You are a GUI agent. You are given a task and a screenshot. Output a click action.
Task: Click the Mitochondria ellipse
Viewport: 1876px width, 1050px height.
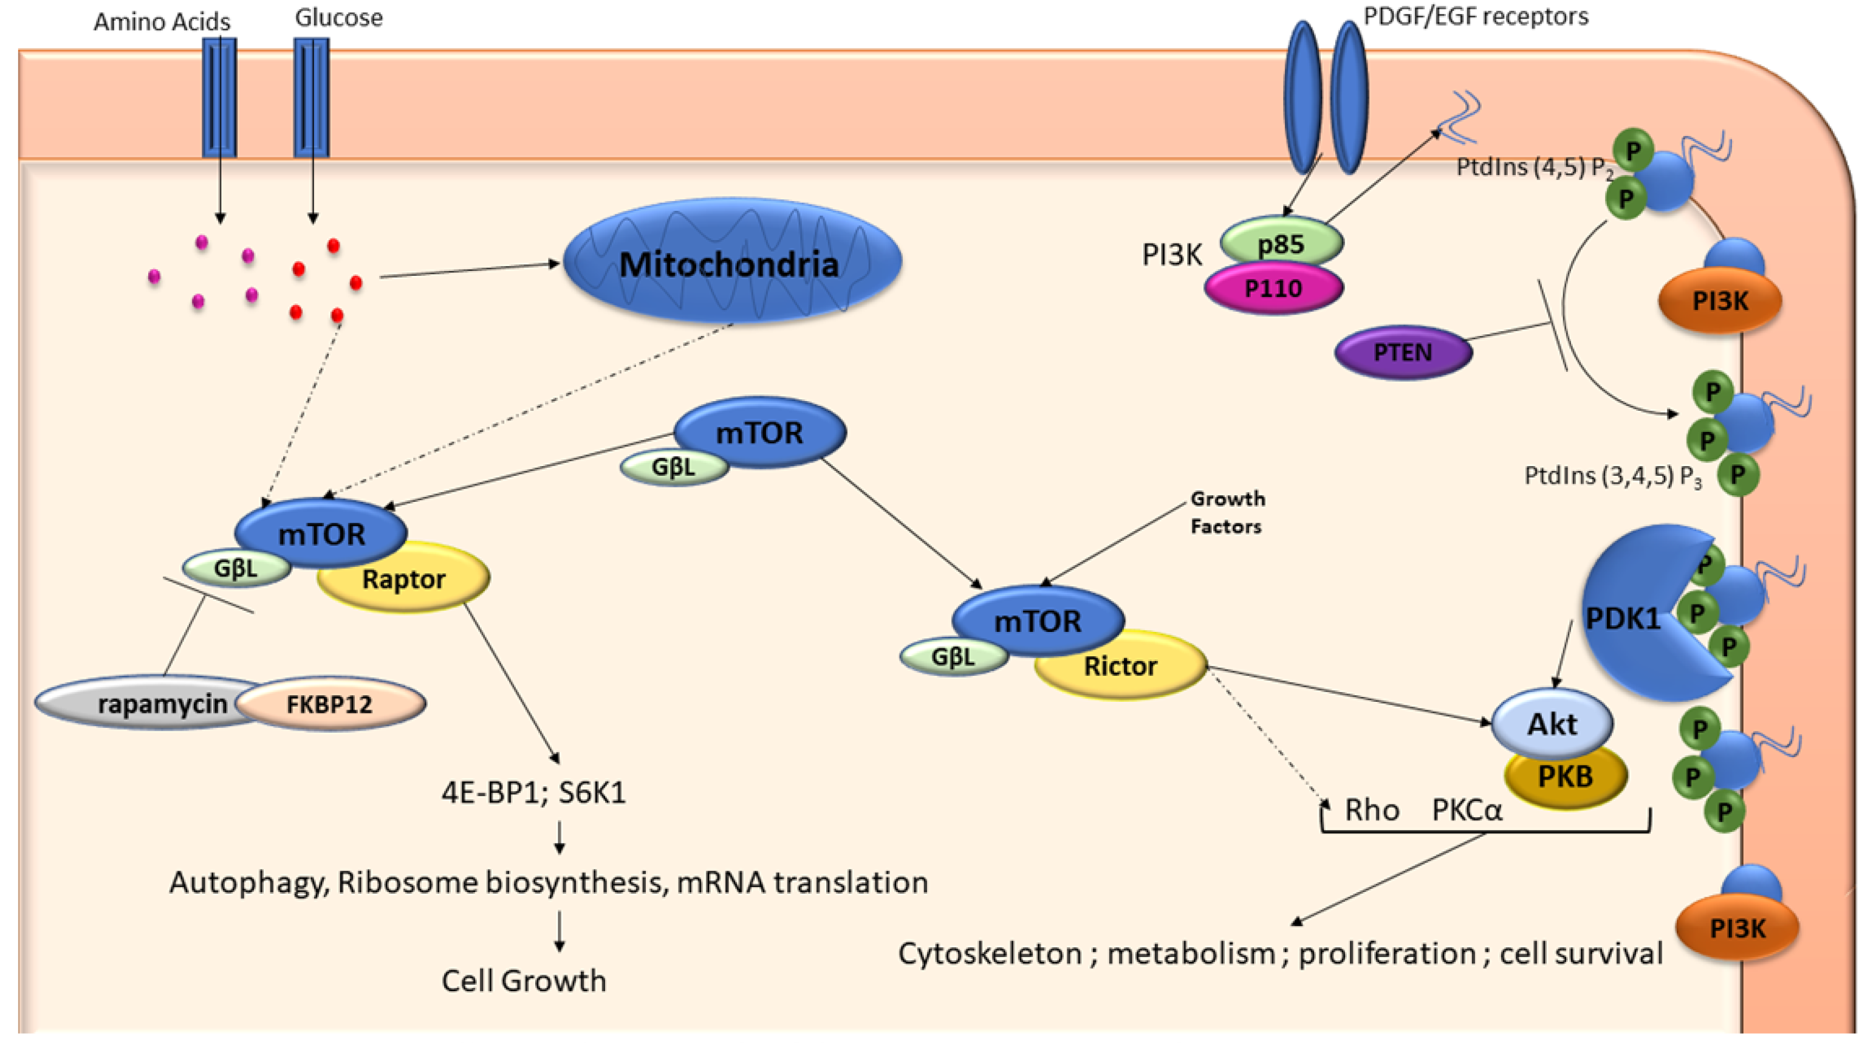click(x=731, y=262)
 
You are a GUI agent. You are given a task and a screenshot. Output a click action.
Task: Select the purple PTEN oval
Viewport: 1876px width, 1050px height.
click(x=1403, y=352)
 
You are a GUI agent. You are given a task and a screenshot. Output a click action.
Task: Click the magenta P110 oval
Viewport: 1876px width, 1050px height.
click(x=1273, y=289)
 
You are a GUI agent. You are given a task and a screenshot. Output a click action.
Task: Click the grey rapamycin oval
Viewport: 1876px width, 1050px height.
click(x=146, y=704)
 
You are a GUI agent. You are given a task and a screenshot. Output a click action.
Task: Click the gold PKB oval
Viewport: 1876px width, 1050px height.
click(x=1566, y=778)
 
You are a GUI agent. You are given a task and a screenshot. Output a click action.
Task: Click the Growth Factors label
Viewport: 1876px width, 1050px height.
click(x=1227, y=512)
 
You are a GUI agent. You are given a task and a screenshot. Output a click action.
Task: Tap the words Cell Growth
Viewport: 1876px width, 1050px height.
click(x=524, y=981)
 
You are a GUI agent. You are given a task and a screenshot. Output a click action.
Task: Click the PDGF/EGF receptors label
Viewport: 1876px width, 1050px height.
click(x=1476, y=16)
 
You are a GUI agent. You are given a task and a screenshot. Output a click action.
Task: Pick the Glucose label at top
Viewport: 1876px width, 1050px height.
click(x=338, y=18)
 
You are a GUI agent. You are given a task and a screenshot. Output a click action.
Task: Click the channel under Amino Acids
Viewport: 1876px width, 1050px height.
click(x=219, y=98)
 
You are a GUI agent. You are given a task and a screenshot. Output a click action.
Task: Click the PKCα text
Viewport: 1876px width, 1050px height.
click(x=1466, y=810)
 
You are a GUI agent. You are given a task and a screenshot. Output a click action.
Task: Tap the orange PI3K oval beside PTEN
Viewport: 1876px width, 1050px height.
click(x=1720, y=301)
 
